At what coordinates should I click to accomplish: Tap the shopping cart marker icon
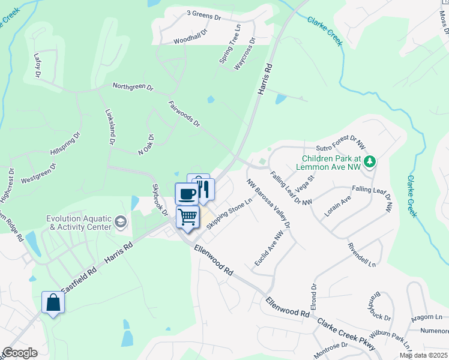(x=188, y=217)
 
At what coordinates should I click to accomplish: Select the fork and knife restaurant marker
(x=203, y=190)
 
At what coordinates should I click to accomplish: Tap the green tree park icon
(x=371, y=161)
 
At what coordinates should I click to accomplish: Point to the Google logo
(x=20, y=353)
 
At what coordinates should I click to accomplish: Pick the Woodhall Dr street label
(x=190, y=35)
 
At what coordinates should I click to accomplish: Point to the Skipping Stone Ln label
(x=228, y=212)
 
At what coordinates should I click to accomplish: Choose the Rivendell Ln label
(x=362, y=255)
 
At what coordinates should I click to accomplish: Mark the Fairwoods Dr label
(x=184, y=113)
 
